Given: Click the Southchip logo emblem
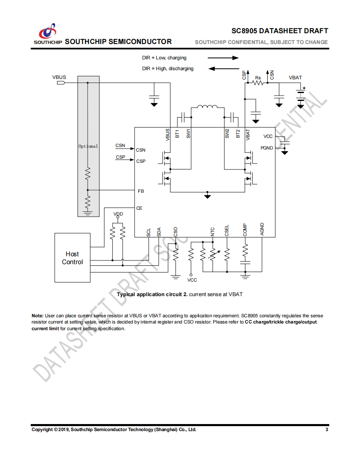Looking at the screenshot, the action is [x=48, y=31].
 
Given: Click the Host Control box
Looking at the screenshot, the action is [x=72, y=258].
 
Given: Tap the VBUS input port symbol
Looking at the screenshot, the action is [x=61, y=83].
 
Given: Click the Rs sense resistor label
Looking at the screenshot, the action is [x=258, y=78].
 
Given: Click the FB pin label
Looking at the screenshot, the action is [x=141, y=191].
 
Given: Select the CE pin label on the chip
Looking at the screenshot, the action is [x=139, y=208].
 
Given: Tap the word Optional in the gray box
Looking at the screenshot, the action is [x=88, y=146].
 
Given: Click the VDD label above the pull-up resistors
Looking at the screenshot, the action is [x=118, y=214].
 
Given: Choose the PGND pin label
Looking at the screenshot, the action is [x=266, y=148].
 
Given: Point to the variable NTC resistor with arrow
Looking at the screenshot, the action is [x=213, y=254].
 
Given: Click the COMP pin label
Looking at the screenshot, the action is [x=245, y=230].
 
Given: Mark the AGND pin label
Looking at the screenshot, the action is [x=262, y=229].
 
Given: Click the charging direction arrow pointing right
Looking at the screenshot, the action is [x=223, y=58].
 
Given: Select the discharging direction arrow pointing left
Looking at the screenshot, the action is [x=224, y=69].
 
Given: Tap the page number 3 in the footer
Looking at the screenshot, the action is [x=327, y=429].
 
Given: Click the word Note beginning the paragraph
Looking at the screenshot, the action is [x=37, y=316].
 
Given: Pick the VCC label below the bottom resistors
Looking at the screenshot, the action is [x=192, y=280].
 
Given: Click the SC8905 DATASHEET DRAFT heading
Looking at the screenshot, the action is [x=280, y=31].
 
